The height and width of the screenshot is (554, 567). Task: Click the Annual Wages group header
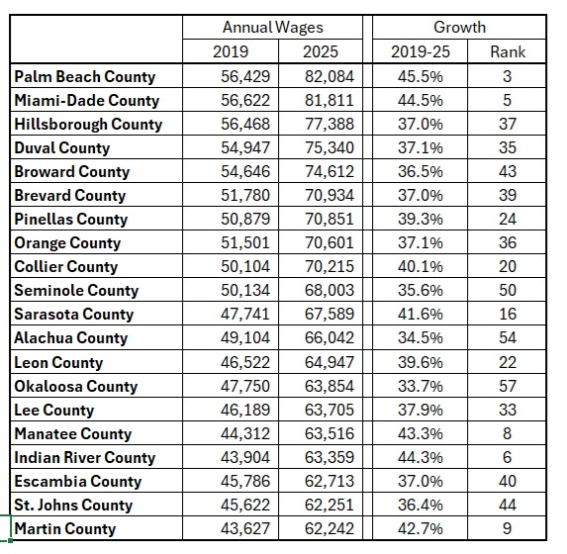273,28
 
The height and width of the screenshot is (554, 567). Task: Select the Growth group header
459,27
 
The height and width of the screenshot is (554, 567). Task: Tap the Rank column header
508,51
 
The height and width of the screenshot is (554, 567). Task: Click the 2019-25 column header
421,51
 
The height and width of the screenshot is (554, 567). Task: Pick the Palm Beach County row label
85,76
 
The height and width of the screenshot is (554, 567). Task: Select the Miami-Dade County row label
87,101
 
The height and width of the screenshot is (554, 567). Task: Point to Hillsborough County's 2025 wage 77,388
330,124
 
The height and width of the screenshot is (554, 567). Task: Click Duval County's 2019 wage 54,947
245,148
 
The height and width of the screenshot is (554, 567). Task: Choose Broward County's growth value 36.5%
421,171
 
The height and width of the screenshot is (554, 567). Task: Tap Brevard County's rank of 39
508,195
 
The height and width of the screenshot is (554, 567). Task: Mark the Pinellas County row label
71,220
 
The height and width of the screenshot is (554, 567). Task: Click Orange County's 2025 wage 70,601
330,242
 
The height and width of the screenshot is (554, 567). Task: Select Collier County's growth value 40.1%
421,266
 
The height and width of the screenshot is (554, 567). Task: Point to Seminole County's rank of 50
508,290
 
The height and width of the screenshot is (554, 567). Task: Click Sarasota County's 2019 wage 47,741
245,314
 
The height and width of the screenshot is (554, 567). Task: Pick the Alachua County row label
71,337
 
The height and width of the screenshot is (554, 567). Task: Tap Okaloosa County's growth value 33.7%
421,386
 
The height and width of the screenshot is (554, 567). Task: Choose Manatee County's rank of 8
507,433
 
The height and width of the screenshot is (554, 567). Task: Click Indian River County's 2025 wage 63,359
330,457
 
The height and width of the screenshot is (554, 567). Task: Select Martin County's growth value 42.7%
421,528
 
